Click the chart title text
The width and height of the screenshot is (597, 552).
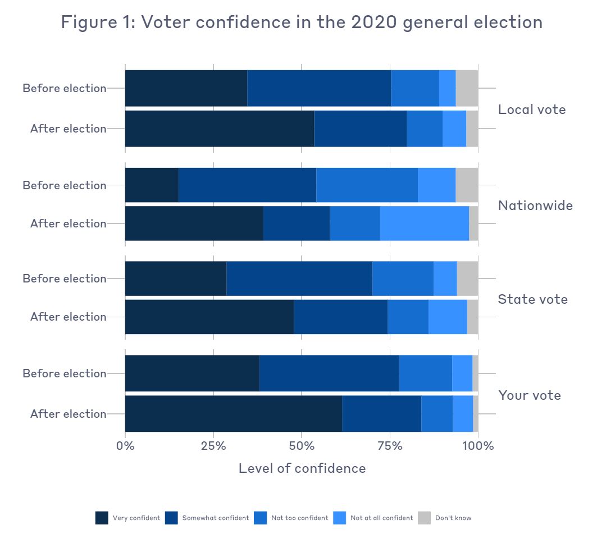(302, 22)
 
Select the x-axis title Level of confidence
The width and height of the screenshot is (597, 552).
(302, 468)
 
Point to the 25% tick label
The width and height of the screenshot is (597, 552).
(213, 446)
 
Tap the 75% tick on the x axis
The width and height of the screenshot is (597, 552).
(390, 446)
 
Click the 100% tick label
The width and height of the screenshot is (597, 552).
(477, 446)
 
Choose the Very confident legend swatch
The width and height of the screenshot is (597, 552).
(102, 518)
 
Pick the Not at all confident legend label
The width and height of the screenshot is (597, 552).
(381, 518)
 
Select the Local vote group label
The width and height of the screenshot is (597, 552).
(531, 110)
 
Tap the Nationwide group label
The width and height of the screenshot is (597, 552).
(535, 206)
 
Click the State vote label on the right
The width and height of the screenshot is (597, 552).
(532, 299)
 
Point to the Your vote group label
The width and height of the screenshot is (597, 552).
(529, 395)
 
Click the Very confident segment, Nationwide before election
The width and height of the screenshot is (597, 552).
(152, 185)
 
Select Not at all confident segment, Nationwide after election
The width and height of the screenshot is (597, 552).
(424, 223)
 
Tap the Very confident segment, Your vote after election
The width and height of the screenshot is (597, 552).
(233, 414)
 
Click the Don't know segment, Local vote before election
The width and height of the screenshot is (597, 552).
(467, 88)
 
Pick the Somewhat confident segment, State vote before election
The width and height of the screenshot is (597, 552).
(299, 279)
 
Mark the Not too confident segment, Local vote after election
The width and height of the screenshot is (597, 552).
(425, 129)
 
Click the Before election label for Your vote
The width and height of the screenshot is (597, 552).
(64, 373)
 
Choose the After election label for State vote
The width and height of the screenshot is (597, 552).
(68, 317)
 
